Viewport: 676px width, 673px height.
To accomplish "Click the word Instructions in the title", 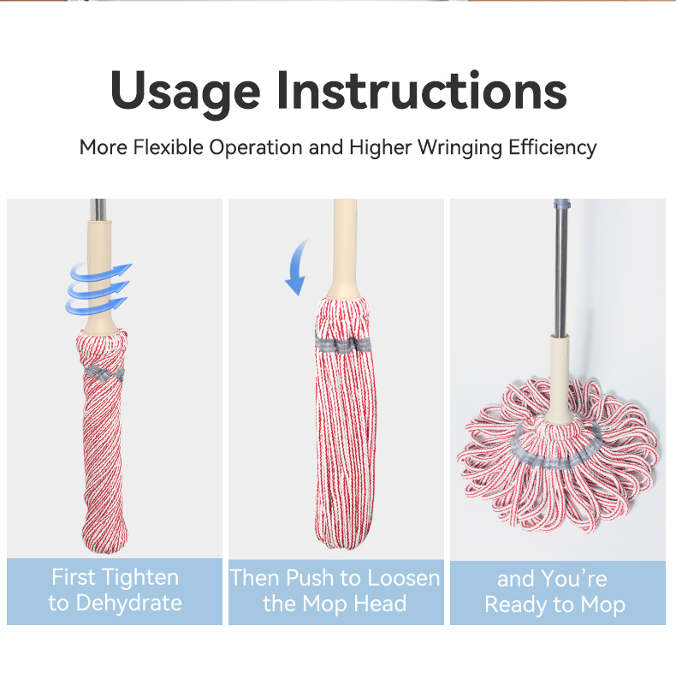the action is tap(421, 90).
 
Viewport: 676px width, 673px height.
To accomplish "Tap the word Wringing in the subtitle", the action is tap(460, 148).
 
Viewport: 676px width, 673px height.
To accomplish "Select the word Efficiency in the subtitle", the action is tap(552, 148).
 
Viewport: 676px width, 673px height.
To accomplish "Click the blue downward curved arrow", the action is tap(296, 268).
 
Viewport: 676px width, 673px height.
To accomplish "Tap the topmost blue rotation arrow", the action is tap(100, 272).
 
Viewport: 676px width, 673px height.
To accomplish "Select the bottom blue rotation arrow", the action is tap(97, 305).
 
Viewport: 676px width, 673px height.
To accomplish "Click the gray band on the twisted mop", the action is tap(104, 372).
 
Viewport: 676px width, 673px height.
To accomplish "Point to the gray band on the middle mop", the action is tap(343, 344).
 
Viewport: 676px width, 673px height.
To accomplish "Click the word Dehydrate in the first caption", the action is tap(129, 603).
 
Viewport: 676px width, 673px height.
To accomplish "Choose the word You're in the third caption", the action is tap(574, 579).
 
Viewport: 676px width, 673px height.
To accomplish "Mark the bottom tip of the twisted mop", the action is tap(105, 552).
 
